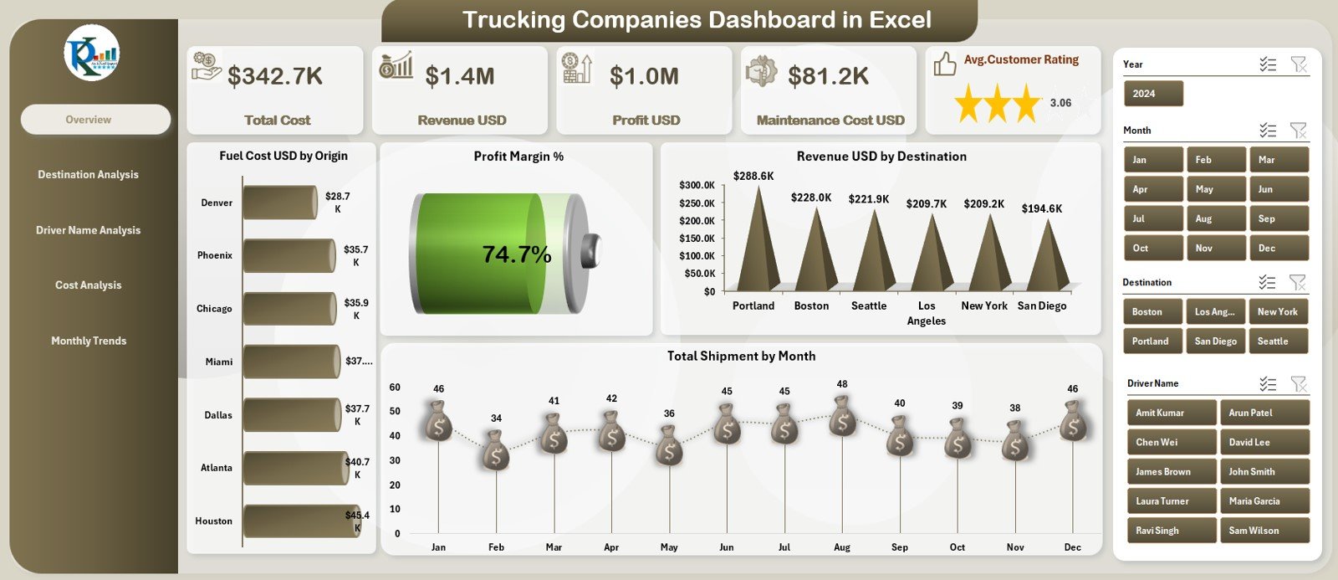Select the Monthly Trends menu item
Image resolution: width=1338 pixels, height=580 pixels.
tap(89, 341)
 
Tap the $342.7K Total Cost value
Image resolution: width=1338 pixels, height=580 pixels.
tap(275, 76)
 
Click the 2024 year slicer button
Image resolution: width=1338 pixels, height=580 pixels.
tap(1152, 94)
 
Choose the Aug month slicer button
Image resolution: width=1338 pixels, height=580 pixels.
tap(1216, 218)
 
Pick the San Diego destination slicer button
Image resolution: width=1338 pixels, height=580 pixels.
tap(1215, 341)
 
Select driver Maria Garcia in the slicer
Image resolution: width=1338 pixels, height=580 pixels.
tap(1263, 501)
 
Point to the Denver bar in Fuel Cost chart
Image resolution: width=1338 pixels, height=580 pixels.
tap(279, 203)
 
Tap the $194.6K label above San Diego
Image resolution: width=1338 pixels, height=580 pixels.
tap(1042, 208)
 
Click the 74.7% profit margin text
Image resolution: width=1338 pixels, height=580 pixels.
tap(517, 254)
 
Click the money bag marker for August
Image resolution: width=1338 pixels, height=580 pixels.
tap(842, 416)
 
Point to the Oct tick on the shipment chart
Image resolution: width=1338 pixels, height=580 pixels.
tap(958, 547)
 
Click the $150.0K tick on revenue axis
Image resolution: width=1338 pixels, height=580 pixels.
tap(697, 239)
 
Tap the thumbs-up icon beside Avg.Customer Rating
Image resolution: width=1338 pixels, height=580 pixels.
tap(945, 64)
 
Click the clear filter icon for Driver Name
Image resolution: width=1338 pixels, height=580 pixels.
tap(1299, 384)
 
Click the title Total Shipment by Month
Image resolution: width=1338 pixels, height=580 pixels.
tap(741, 357)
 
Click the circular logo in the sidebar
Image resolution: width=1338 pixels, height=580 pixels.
tap(92, 53)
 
